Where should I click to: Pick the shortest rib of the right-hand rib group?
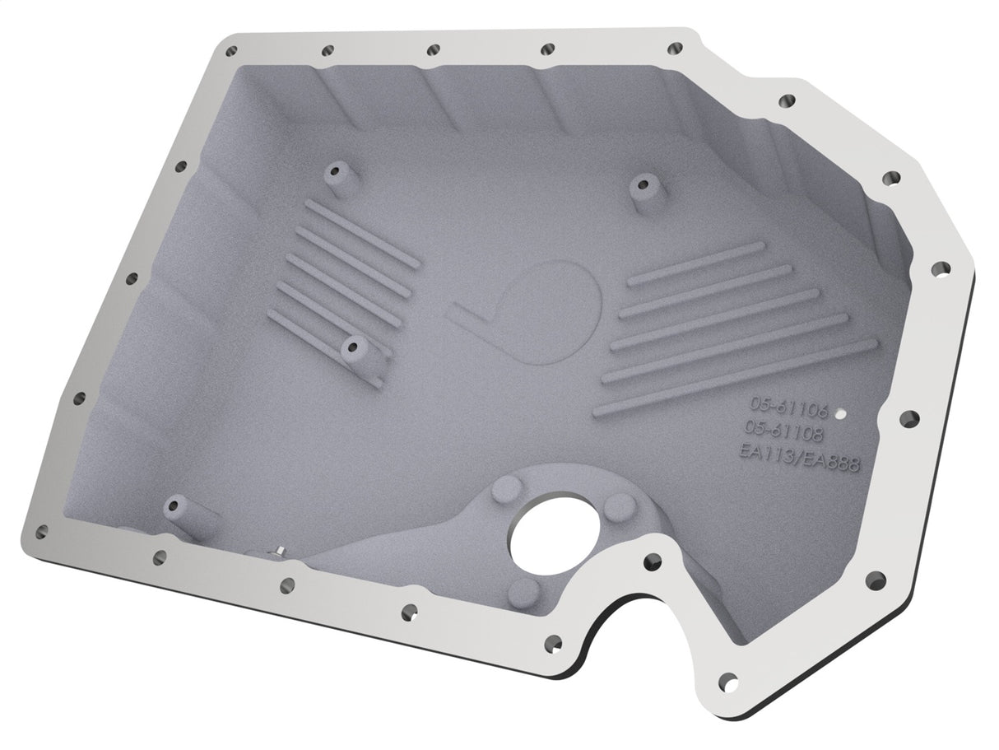point(685,265)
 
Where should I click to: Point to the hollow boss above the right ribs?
point(643,185)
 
